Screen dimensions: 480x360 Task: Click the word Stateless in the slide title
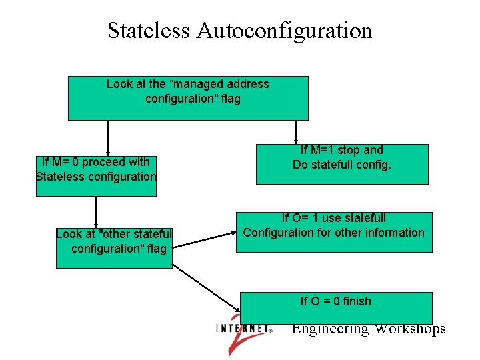pyautogui.click(x=148, y=31)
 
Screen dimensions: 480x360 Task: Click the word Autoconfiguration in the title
pyautogui.click(x=284, y=31)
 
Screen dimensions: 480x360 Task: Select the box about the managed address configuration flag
pyautogui.click(x=188, y=98)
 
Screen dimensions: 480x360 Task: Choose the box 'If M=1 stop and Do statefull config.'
pyautogui.click(x=342, y=164)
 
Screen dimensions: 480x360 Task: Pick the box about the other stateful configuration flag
pyautogui.click(x=114, y=247)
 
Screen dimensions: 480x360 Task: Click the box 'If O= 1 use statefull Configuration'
pyautogui.click(x=333, y=232)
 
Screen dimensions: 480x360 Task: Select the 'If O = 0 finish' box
pyautogui.click(x=336, y=307)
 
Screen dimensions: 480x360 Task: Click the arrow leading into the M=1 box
pyautogui.click(x=296, y=131)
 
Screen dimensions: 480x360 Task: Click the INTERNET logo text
pyautogui.click(x=243, y=329)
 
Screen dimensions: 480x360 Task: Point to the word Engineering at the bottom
pyautogui.click(x=330, y=329)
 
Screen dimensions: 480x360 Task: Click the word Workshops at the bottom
pyautogui.click(x=410, y=329)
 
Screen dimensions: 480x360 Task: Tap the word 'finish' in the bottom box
pyautogui.click(x=356, y=301)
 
